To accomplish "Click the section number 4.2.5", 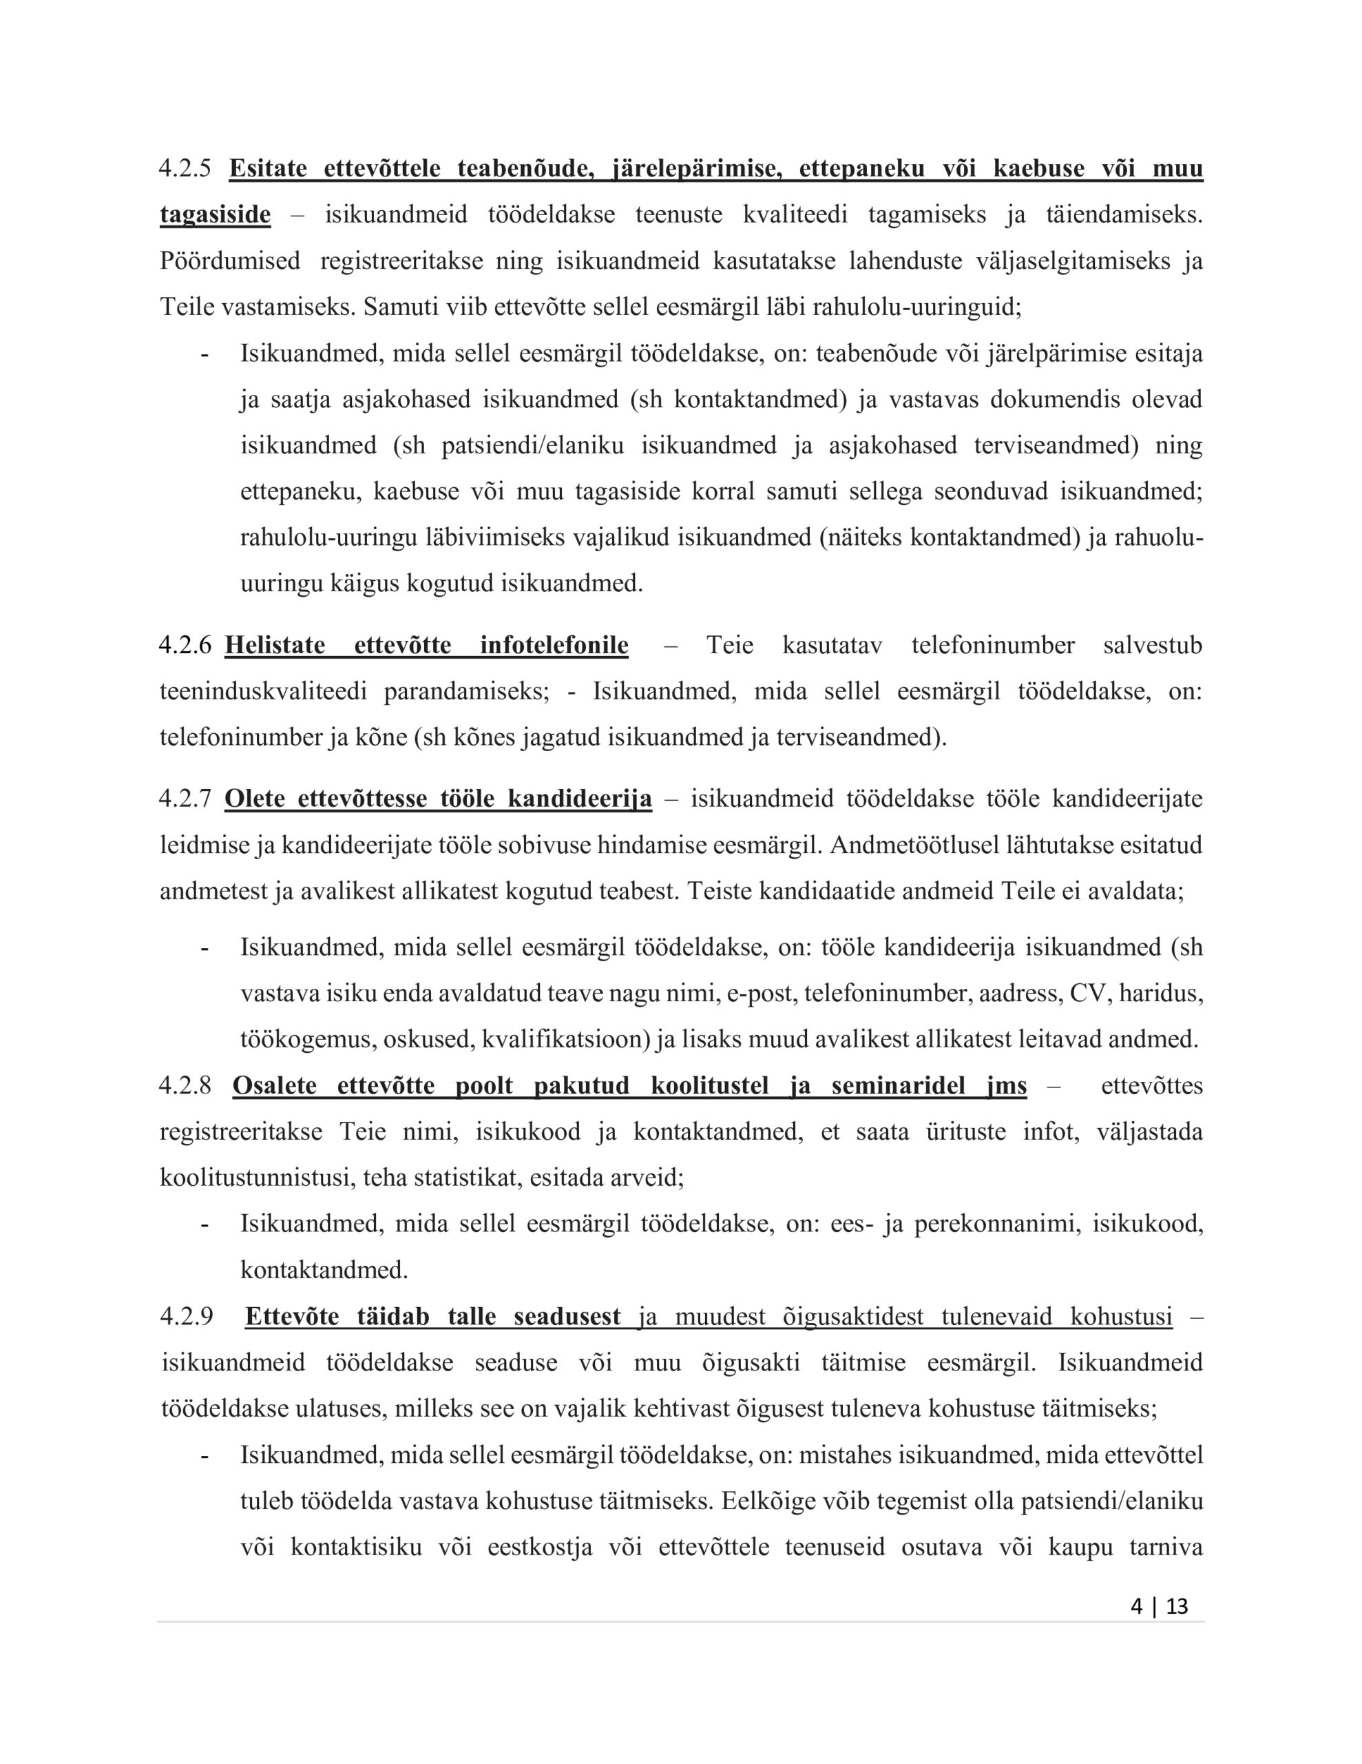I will pos(185,169).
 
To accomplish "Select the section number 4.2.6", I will pos(185,646).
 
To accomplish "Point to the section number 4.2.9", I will pos(187,1317).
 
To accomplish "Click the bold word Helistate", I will pos(275,646).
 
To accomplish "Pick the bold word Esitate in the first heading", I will pos(268,169).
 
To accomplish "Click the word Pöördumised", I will pos(229,261).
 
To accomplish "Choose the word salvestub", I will pos(1152,646).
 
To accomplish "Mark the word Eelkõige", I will pos(767,1501).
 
